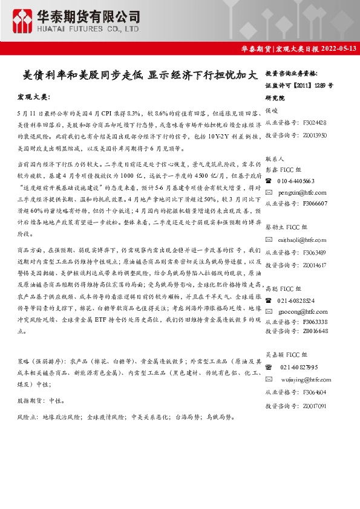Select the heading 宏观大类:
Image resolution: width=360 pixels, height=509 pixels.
pos(35,97)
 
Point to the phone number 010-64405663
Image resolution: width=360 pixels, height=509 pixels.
pos(296,181)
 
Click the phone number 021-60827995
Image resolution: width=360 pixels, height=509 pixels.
pos(299,367)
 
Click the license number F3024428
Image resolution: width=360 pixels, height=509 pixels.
pos(315,123)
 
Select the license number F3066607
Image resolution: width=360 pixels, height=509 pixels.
pos(315,204)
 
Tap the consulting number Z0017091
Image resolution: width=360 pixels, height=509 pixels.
pos(315,406)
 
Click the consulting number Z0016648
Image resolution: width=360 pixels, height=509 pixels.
pos(315,331)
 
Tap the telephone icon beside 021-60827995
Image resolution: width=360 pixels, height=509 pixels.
pos(269,367)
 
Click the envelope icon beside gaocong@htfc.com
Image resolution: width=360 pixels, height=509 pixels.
pos(269,311)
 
